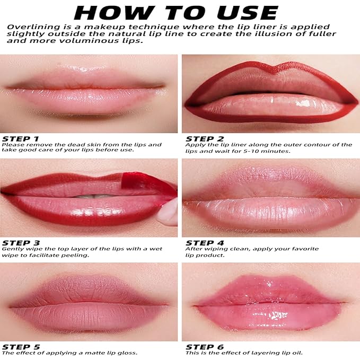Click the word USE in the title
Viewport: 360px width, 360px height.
point(248,13)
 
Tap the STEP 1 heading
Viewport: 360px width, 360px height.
point(21,139)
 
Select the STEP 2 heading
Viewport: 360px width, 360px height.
point(205,139)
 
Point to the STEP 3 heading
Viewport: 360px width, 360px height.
point(21,243)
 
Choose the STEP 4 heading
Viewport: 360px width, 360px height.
point(205,243)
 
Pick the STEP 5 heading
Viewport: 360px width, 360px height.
point(21,347)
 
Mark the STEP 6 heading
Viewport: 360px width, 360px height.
point(205,347)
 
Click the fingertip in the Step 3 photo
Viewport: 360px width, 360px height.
point(168,213)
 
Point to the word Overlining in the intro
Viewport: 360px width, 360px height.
point(33,27)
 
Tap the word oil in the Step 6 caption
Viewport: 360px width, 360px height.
point(297,353)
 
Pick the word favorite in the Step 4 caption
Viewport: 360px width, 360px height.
point(302,249)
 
